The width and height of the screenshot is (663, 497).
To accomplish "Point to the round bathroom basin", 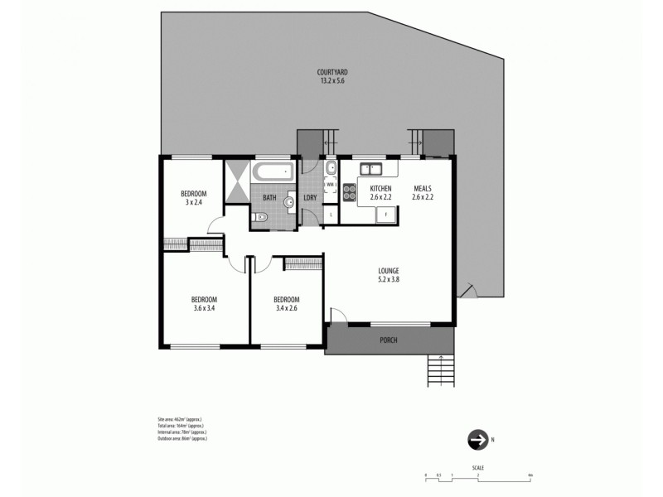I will click(290, 201).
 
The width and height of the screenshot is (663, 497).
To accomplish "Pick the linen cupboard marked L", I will click(331, 215).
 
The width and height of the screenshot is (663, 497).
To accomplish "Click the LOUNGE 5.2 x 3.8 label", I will click(388, 275).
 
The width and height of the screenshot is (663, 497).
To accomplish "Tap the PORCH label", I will click(389, 340).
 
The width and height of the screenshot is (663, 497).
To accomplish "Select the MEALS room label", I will click(423, 189).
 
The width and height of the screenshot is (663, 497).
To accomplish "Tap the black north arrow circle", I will click(477, 440).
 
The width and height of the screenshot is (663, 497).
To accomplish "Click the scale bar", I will click(477, 475).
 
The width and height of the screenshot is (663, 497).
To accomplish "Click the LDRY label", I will click(310, 198).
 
